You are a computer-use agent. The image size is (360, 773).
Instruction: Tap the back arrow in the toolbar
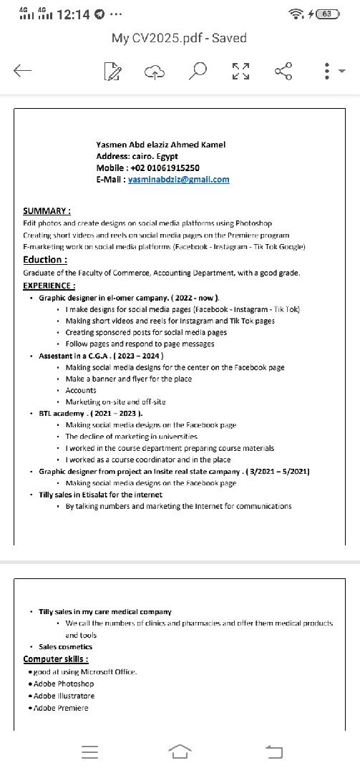(22, 70)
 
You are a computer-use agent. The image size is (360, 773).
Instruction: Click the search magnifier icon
(200, 70)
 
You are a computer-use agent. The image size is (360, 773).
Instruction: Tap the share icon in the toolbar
(283, 70)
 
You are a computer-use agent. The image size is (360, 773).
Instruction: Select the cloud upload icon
(155, 70)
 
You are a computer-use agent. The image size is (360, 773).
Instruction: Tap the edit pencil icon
(112, 70)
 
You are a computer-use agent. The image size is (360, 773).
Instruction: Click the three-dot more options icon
(326, 70)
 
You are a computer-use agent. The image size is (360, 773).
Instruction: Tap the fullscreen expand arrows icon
(241, 70)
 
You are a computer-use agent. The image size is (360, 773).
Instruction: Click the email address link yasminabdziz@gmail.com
(179, 179)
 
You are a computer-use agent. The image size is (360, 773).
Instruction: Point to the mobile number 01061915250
(169, 167)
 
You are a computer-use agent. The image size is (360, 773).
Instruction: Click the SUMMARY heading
(47, 211)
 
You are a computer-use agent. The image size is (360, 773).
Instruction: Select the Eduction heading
(45, 260)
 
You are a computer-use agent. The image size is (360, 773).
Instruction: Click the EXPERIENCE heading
(49, 286)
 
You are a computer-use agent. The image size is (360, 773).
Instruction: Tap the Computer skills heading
(56, 658)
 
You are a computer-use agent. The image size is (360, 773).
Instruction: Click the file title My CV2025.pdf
(179, 38)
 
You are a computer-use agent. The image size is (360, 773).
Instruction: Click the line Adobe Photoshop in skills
(63, 684)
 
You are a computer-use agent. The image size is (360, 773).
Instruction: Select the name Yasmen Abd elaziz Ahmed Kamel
(160, 144)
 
